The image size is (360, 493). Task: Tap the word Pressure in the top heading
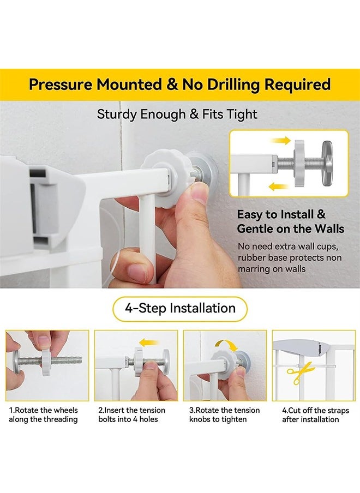tap(61, 85)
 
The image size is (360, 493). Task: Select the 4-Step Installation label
tap(179, 308)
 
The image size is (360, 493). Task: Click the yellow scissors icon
tap(300, 373)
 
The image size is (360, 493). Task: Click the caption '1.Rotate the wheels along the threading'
tap(43, 414)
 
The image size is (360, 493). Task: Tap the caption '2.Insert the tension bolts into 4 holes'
tap(131, 414)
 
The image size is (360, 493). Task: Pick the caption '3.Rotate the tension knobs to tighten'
tap(224, 414)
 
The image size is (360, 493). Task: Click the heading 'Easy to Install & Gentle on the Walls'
tap(290, 221)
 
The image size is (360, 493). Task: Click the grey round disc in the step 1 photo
tap(16, 360)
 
